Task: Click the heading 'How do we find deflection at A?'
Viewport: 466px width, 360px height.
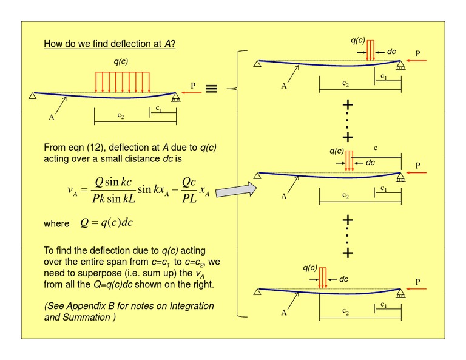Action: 110,44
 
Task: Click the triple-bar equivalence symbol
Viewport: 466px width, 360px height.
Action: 211,89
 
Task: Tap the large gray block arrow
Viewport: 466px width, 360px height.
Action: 236,189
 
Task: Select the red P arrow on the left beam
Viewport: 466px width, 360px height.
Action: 192,93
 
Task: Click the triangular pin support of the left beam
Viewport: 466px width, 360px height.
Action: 33,96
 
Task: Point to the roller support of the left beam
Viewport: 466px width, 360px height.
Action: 176,98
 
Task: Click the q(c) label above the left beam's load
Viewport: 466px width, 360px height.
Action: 121,61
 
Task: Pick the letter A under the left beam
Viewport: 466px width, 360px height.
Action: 52,118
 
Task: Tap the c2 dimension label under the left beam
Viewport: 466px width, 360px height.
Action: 121,115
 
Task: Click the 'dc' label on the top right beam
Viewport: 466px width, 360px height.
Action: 391,52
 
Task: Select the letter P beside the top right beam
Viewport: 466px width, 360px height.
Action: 418,53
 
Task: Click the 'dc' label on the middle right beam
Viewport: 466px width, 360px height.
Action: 370,163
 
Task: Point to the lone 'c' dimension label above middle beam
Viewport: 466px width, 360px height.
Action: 376,148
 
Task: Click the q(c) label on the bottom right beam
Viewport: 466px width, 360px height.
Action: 310,268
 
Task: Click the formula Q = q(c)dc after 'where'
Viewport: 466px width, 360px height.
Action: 106,223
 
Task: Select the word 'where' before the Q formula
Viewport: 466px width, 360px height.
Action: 56,223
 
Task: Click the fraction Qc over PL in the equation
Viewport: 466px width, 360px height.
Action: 189,190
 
